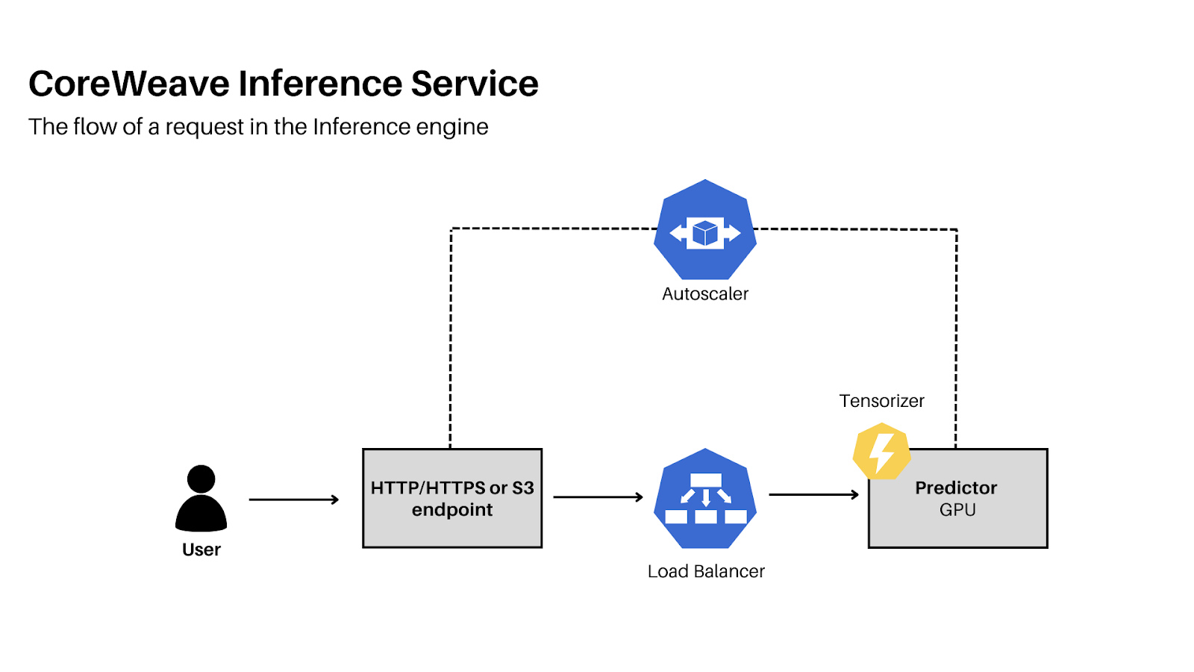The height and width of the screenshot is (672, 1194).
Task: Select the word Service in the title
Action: tap(475, 84)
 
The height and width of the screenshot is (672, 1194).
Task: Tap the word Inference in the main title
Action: tap(320, 84)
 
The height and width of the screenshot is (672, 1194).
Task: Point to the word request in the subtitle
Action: tap(204, 128)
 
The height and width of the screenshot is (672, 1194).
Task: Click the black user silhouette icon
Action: tap(201, 498)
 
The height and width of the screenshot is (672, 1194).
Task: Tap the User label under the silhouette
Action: tap(201, 550)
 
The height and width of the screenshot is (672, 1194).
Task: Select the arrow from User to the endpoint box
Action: tap(294, 500)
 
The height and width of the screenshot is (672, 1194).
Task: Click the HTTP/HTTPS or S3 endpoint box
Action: tap(452, 498)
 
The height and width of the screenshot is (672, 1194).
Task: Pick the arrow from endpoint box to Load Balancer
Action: tap(598, 497)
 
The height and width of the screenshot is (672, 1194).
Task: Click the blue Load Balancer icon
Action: tap(705, 498)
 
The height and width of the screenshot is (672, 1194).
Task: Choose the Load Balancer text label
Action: tap(706, 571)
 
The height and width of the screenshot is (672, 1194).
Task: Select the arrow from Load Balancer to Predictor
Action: tap(813, 495)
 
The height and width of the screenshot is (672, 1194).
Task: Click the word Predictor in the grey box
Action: tap(956, 488)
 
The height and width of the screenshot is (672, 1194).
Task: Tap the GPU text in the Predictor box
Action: tap(957, 510)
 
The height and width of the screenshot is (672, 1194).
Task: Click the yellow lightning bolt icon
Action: tap(881, 451)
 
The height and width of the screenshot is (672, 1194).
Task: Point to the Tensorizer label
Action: tap(881, 400)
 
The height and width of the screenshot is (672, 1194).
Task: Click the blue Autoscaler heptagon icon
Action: tap(705, 230)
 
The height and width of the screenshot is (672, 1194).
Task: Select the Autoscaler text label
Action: tap(705, 294)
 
